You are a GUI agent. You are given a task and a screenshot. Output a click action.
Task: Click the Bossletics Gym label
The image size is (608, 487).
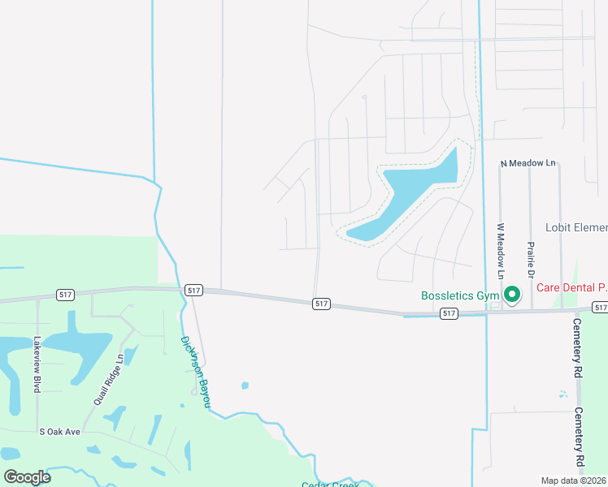pos(458,295)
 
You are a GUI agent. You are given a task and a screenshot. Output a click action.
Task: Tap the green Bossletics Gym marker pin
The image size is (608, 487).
pos(512,295)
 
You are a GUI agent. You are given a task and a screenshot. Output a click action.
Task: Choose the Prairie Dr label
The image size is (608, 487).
pos(530,260)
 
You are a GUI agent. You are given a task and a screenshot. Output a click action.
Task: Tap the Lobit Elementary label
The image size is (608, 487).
pos(576,228)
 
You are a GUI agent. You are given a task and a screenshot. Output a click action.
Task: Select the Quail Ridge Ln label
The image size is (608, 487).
pos(108,378)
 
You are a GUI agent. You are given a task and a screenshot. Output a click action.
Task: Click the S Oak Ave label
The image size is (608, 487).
pos(60,432)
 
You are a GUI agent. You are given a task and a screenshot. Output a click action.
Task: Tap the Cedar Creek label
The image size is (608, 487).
pos(330,485)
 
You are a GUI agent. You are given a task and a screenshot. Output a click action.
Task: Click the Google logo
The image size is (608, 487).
pos(27,476)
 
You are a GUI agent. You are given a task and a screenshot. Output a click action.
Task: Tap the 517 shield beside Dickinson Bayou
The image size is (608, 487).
pos(193,290)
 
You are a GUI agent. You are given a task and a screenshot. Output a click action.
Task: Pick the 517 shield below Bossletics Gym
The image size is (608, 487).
pos(449,312)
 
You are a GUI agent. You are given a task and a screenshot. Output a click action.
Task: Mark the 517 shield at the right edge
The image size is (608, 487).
pos(600,307)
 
